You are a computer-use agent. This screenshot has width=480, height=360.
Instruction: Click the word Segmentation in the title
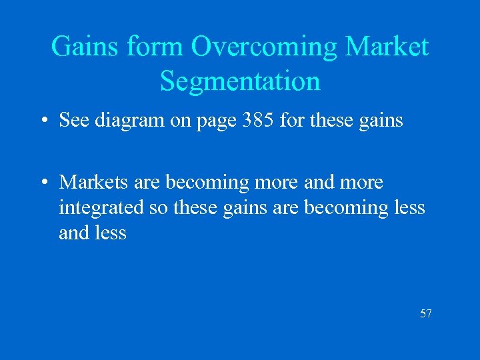pos(240,82)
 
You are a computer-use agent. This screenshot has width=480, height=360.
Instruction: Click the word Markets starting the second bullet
pos(93,181)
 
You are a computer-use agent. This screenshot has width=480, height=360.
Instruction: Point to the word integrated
pos(101,208)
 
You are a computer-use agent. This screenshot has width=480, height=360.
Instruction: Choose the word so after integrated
pos(158,209)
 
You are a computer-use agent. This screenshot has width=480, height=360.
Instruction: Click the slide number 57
pos(425,313)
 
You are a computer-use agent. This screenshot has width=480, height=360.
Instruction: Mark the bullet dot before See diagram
pos(42,121)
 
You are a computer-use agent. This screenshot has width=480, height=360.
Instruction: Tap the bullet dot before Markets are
pos(42,182)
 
